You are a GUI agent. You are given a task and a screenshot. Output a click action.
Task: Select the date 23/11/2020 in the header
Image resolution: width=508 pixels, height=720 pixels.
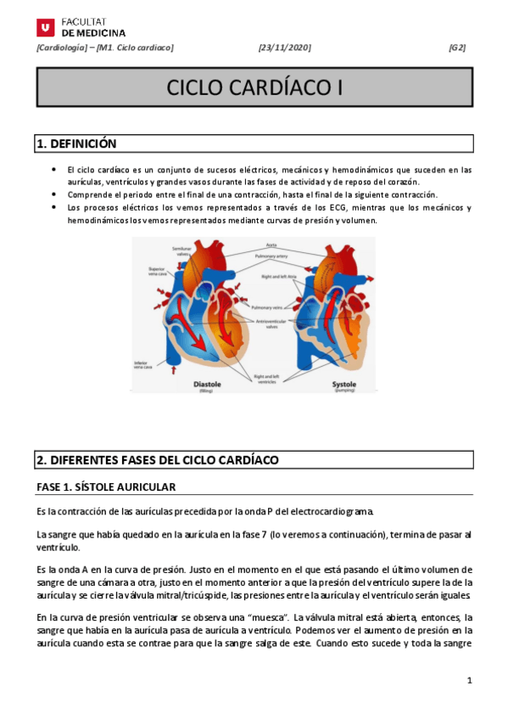pos(285,48)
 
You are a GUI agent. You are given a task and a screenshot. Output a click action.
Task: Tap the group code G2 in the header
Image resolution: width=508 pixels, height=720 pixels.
pos(457,48)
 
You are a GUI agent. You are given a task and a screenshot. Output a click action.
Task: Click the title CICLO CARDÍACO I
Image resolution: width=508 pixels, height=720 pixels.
pos(254,88)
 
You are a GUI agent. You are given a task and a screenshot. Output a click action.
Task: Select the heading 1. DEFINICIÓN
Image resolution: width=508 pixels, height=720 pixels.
pos(76,144)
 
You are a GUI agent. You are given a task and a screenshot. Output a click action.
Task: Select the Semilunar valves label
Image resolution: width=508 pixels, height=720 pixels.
pos(182,251)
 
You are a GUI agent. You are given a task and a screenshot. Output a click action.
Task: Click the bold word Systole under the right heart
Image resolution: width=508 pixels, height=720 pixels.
pos(343,383)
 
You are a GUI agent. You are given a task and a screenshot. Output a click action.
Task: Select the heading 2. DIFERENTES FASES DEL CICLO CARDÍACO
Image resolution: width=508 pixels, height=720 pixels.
pos(158,459)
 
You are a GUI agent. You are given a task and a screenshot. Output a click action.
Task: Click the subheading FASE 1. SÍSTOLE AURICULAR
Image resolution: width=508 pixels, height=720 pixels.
pos(106,487)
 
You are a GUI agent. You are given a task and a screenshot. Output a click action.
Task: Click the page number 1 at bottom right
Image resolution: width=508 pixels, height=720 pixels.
pos(469,681)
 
